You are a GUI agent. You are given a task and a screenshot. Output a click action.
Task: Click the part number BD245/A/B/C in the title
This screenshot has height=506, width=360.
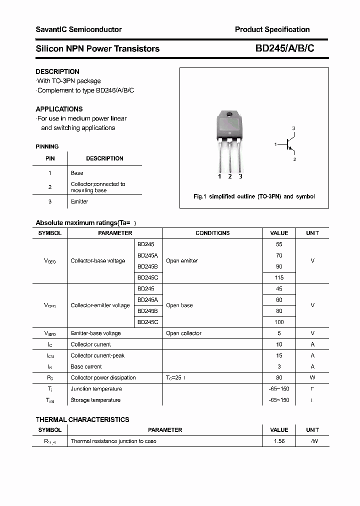coord(284,48)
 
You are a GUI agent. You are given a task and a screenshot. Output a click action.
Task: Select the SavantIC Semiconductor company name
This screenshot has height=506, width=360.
coord(78,29)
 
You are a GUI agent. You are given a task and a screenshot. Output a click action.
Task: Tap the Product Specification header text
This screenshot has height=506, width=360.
coord(272,29)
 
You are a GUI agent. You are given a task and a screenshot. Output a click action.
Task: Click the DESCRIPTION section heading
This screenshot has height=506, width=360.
coord(57,71)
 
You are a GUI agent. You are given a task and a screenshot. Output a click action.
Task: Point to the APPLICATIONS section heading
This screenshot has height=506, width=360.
coord(59,109)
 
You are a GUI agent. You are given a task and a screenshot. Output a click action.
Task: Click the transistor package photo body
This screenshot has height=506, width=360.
coord(229,123)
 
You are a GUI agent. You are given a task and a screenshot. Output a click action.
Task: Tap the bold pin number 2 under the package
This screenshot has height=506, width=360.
coord(229,176)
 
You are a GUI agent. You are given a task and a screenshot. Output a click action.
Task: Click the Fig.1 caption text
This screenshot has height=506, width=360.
coord(254,196)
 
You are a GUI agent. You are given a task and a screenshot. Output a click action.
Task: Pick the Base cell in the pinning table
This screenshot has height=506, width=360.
coord(77,173)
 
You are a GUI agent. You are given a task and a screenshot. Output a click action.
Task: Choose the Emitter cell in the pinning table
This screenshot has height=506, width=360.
coord(79,201)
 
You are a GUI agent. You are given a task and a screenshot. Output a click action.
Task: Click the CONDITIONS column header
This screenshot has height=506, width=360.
coord(212,233)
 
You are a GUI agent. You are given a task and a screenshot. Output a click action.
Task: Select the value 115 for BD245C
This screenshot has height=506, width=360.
coord(279,277)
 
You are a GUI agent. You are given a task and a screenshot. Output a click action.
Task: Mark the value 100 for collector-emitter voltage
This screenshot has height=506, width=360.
coord(279,322)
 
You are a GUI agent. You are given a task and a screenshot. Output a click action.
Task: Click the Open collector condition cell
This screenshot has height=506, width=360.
coord(183,333)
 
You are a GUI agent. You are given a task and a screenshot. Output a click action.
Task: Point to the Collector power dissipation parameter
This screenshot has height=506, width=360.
coord(103,377)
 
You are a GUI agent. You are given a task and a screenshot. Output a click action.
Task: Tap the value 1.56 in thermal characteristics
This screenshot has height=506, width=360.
coord(279,441)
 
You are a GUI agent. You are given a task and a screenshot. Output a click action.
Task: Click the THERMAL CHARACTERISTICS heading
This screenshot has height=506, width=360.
coord(82,419)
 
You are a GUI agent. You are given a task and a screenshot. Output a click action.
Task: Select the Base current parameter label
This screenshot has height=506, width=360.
coord(86,366)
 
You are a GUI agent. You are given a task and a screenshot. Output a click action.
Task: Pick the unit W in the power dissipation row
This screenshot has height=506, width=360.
coord(312,377)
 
